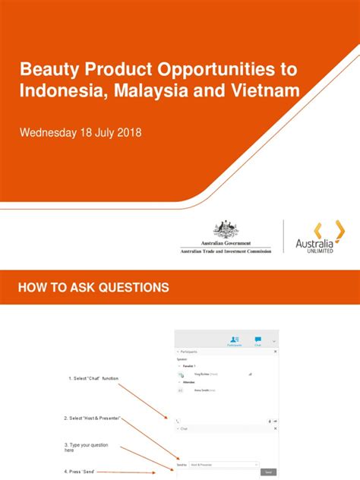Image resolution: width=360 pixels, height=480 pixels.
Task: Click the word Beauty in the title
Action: [x=48, y=70]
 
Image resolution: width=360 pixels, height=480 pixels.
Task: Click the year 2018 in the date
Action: [x=126, y=133]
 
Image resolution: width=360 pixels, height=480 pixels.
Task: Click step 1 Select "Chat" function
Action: [x=93, y=378]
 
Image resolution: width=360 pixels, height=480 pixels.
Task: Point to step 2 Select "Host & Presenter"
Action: [x=93, y=418]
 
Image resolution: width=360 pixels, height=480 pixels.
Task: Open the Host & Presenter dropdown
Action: [x=226, y=463]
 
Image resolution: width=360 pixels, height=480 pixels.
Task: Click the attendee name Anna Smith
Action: [x=201, y=390]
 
